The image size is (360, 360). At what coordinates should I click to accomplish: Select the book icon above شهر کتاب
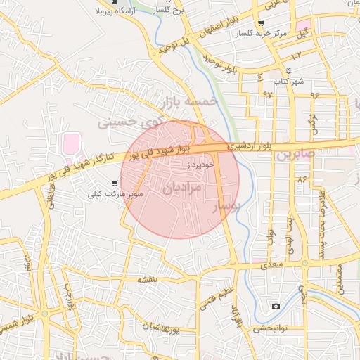(288, 71)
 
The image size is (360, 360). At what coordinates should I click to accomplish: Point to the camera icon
(276, 306)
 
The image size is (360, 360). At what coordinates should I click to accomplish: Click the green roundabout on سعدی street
(304, 264)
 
